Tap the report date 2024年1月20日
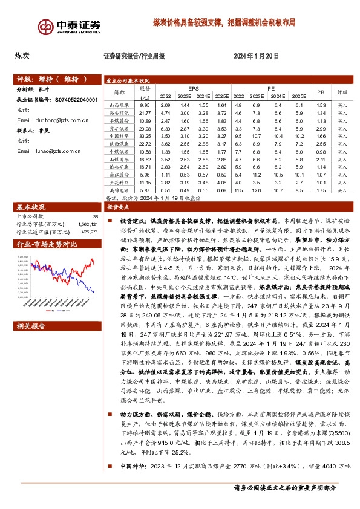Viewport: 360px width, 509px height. [x=257, y=56]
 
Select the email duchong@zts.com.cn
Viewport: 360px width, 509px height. [x=53, y=120]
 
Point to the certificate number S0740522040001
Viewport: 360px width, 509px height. [x=71, y=99]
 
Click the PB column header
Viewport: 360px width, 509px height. [x=321, y=92]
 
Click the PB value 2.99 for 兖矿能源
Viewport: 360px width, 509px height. [x=321, y=129]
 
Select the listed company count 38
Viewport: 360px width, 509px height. [x=95, y=216]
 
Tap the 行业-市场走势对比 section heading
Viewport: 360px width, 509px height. [x=47, y=244]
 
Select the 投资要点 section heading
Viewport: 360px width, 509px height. [x=119, y=206]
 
